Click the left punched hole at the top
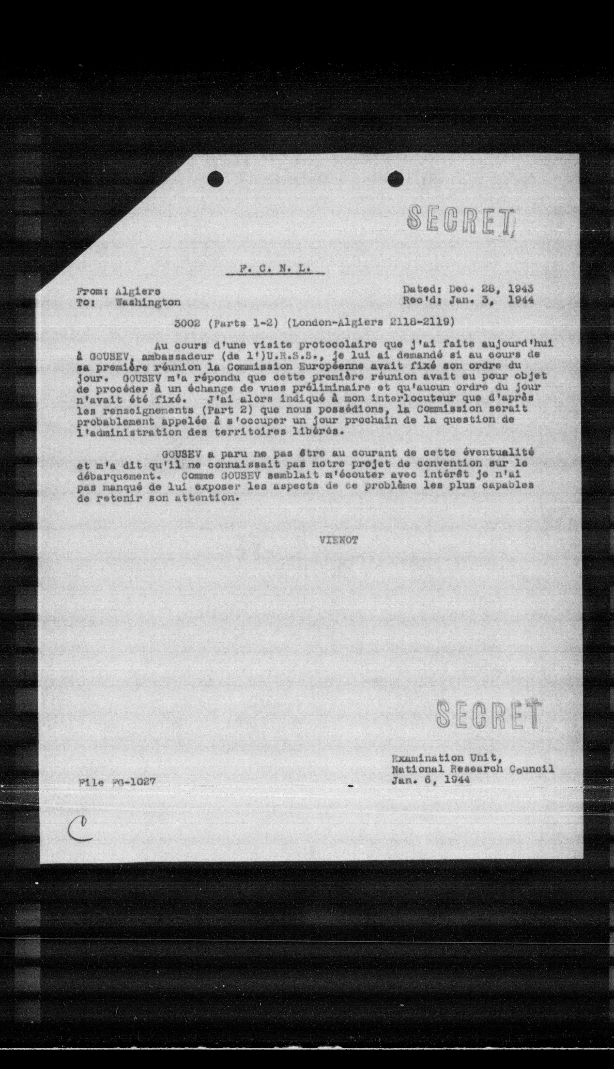215,180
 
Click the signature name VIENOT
339,540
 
